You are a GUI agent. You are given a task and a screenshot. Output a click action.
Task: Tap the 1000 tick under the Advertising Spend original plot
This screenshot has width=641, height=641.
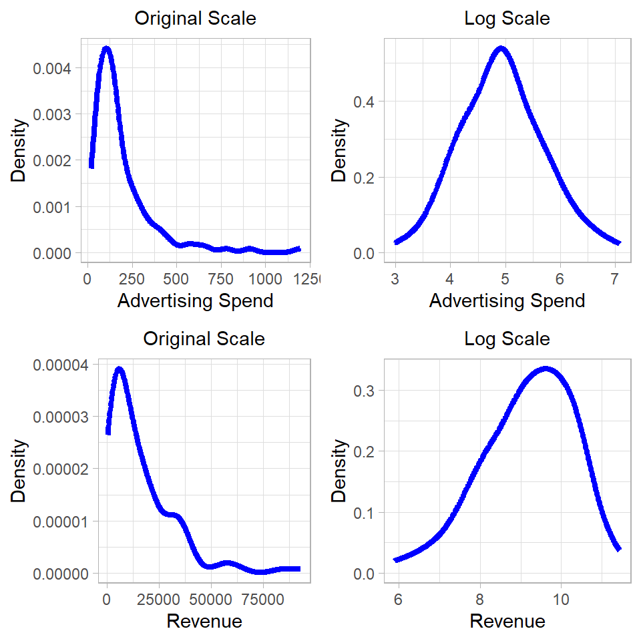click(x=265, y=278)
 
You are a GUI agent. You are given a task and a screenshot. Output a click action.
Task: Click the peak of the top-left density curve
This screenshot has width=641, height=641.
click(x=105, y=49)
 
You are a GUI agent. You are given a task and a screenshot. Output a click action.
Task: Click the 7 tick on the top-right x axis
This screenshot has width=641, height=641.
click(x=614, y=278)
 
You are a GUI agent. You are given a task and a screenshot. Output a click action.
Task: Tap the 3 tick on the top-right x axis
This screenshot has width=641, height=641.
click(x=396, y=278)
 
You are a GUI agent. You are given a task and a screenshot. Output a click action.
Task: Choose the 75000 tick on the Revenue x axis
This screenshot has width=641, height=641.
click(x=262, y=599)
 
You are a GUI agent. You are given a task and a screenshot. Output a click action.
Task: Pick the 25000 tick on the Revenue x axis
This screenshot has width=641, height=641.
click(x=158, y=599)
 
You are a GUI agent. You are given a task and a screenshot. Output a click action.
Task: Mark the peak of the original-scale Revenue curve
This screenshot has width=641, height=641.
click(x=120, y=369)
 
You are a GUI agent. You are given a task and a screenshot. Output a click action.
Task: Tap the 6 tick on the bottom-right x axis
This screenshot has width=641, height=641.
click(x=398, y=599)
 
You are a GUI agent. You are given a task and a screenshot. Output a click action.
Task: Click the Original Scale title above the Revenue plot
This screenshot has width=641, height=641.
click(x=204, y=339)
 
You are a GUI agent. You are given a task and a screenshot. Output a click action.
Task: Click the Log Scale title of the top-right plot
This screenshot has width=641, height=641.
click(x=507, y=18)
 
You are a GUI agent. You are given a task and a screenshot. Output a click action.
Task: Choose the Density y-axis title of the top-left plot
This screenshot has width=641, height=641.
click(x=19, y=151)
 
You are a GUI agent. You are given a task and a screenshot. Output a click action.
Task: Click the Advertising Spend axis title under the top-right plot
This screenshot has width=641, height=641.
click(x=507, y=301)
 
